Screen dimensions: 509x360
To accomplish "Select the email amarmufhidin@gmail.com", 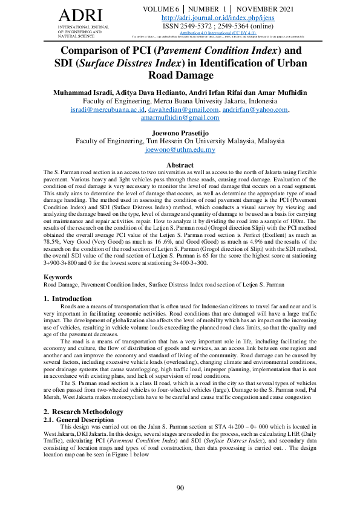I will point(180,118).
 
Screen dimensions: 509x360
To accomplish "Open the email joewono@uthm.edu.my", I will point(180,150).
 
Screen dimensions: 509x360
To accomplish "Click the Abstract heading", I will point(180,165).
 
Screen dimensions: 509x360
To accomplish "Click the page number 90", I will point(180,488).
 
